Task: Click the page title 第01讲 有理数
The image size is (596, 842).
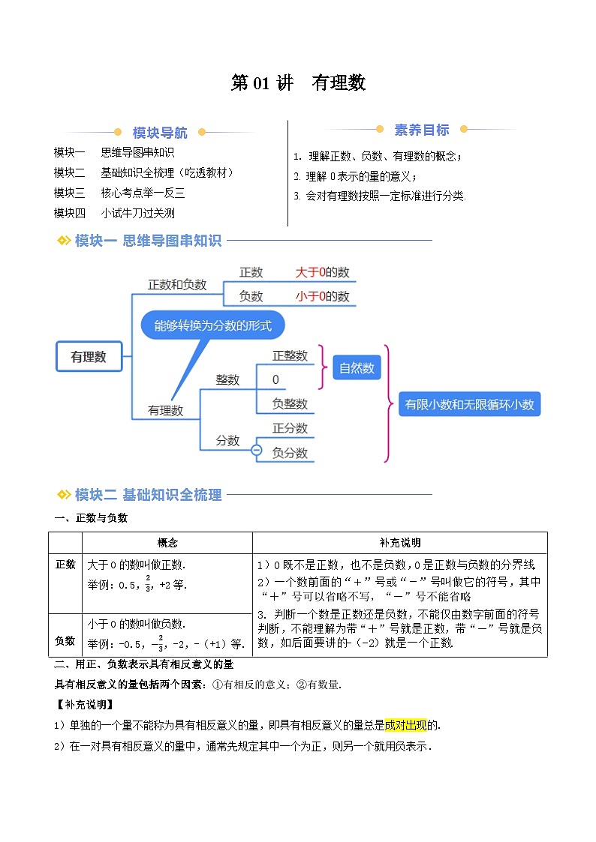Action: [x=298, y=83]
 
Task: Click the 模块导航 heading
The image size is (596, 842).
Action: [x=160, y=133]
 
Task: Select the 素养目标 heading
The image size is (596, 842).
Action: [x=422, y=130]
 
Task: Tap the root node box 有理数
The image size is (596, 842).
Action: [x=89, y=357]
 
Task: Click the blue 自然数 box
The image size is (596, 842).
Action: [x=357, y=368]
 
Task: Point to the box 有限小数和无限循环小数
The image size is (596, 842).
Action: [x=469, y=404]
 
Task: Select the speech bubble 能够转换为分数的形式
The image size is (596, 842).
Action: [x=212, y=325]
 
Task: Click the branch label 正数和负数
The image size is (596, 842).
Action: [x=177, y=285]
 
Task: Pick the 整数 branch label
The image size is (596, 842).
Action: [x=227, y=380]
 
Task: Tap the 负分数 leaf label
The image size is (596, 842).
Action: [x=290, y=453]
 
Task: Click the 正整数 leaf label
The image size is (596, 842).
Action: [x=290, y=356]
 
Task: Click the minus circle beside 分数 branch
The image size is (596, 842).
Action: [x=256, y=450]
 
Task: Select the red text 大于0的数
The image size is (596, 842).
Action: [x=322, y=272]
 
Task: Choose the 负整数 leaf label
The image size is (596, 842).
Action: [x=290, y=404]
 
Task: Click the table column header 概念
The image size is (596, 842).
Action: [x=167, y=543]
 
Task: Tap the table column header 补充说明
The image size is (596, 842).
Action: [x=399, y=543]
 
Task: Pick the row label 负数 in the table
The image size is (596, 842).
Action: [x=65, y=641]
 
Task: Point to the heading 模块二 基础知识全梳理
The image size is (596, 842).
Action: [x=148, y=495]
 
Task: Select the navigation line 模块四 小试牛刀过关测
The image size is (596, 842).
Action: [x=114, y=213]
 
